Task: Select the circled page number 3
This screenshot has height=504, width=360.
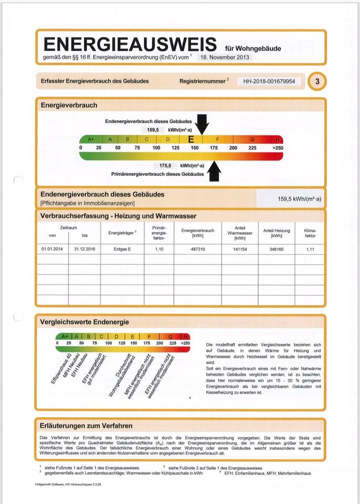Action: [317, 81]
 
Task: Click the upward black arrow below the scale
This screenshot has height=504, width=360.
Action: [214, 171]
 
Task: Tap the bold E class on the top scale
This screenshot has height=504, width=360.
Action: [191, 139]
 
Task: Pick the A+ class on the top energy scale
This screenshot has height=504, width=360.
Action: [91, 139]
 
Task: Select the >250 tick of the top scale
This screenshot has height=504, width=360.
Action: [278, 148]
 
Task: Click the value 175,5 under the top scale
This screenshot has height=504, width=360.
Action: [166, 165]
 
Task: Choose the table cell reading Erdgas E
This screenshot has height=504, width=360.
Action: [122, 249]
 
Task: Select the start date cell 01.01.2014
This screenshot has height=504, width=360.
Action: [51, 249]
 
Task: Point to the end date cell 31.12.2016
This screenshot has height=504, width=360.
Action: [84, 249]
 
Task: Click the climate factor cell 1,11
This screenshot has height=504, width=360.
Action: [310, 249]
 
